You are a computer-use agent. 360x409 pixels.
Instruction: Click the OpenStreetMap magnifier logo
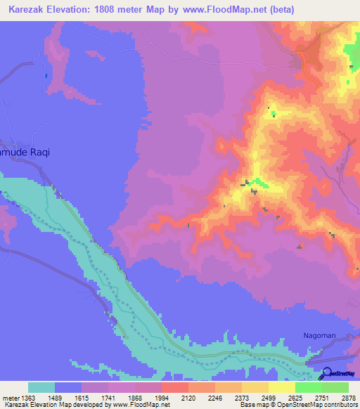(326, 373)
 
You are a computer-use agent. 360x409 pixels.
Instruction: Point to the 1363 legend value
(20, 397)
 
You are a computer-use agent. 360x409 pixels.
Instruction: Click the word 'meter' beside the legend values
(8, 397)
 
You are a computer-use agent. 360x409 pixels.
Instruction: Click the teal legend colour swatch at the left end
(41, 387)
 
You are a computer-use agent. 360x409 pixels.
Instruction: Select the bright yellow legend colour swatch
(281, 387)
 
